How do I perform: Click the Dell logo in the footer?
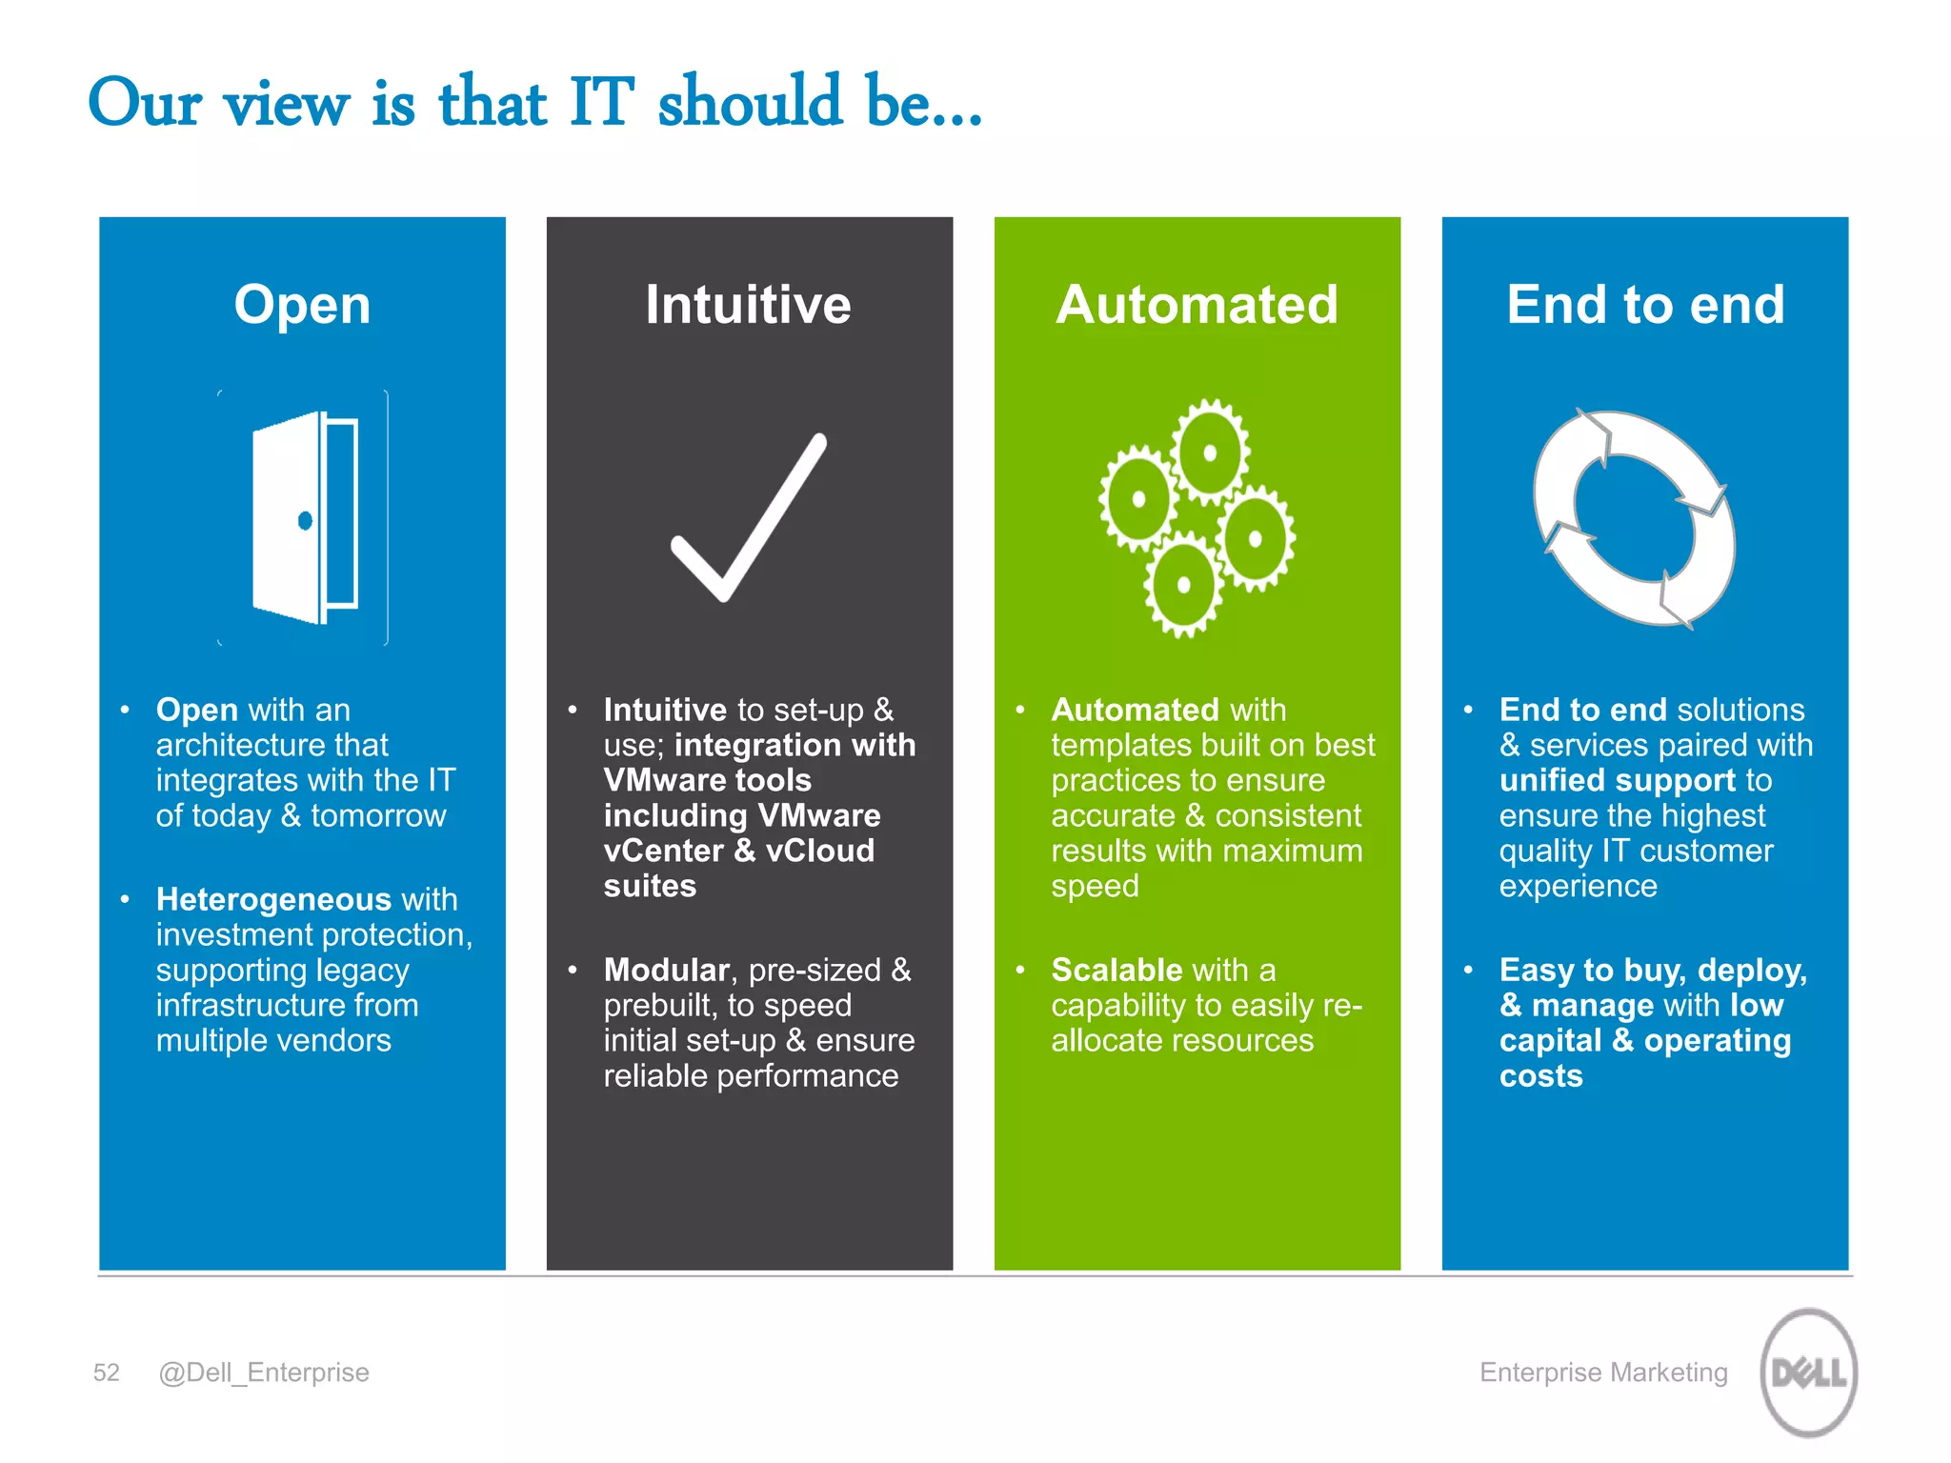(1808, 1373)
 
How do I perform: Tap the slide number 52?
(106, 1373)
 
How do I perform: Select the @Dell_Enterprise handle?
(264, 1373)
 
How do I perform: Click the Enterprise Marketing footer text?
(1603, 1373)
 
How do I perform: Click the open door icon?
(303, 518)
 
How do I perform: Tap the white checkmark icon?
(748, 519)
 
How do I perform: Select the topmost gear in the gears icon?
(1209, 452)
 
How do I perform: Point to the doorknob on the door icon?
(305, 520)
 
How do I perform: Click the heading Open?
(302, 305)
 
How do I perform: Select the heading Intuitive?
(748, 305)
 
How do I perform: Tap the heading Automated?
(1197, 305)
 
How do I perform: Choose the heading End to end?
(1645, 305)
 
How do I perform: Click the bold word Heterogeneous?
(273, 899)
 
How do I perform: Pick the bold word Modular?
(666, 970)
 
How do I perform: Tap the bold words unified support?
(1617, 780)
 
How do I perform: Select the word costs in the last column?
(1540, 1076)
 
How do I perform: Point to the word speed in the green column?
(1095, 886)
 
